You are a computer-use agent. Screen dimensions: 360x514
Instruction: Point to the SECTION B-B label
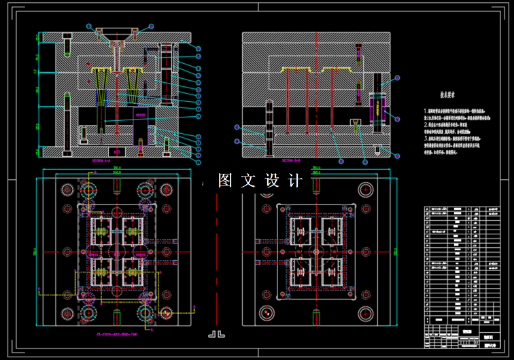tap(310, 161)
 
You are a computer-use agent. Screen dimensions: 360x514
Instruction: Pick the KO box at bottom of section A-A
tap(116, 151)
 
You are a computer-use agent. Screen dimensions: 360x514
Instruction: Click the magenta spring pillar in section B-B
tap(376, 109)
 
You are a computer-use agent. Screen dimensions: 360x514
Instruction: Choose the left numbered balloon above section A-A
tap(89, 26)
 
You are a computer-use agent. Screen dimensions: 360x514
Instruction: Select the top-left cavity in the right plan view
tap(301, 231)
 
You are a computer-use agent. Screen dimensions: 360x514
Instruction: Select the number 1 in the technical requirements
tap(426, 110)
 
